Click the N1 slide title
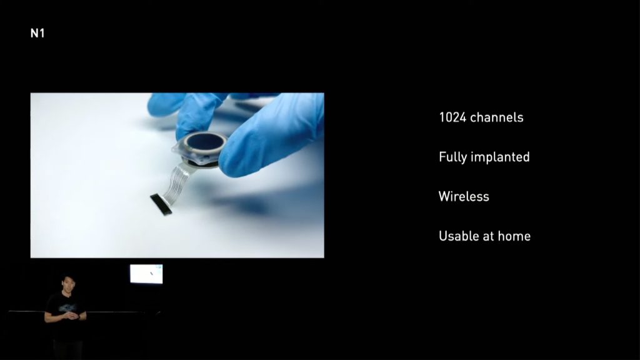pyautogui.click(x=37, y=33)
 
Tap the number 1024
pyautogui.click(x=452, y=117)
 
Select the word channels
pyautogui.click(x=497, y=117)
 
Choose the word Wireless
pyautogui.click(x=464, y=196)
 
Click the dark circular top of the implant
pyautogui.click(x=205, y=141)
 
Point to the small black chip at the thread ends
pyautogui.click(x=161, y=204)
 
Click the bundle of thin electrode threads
pyautogui.click(x=176, y=181)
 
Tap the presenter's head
pyautogui.click(x=67, y=284)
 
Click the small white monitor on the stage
pyautogui.click(x=146, y=274)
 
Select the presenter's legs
pyautogui.click(x=67, y=347)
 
